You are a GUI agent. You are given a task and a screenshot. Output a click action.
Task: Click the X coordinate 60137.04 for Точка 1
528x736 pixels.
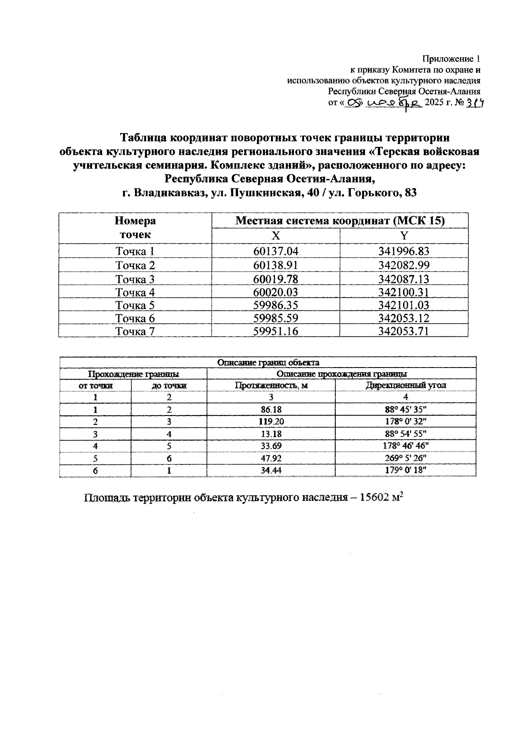(276, 251)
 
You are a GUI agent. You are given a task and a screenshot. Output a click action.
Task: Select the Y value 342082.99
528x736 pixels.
(403, 265)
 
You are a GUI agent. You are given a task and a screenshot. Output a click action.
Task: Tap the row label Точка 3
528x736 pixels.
(135, 279)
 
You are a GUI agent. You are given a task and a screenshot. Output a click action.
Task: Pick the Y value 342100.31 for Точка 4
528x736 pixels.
(403, 292)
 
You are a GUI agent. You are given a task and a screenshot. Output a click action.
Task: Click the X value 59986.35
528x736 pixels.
(276, 305)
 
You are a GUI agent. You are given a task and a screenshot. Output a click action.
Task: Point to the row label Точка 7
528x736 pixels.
(135, 331)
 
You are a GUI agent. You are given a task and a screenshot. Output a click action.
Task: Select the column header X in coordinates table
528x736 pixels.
(276, 236)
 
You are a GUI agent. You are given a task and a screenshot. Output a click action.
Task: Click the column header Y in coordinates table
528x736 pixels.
(403, 236)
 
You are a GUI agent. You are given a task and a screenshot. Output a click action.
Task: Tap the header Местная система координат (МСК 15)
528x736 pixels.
(340, 221)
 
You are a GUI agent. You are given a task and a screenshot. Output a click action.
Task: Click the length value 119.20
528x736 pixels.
(271, 421)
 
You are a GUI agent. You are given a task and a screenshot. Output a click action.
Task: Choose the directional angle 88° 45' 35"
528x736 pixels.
(405, 409)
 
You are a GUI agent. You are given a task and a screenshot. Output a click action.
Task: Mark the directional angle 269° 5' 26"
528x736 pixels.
(405, 458)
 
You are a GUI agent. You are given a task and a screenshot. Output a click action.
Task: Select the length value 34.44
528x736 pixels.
(271, 470)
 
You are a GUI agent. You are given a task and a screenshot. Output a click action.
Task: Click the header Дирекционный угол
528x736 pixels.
(405, 385)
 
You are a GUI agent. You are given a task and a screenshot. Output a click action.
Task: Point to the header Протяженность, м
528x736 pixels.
(271, 385)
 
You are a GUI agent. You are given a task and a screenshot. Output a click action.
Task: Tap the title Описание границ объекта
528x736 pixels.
(268, 363)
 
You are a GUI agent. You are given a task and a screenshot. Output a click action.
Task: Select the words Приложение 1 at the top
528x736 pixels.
(451, 59)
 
